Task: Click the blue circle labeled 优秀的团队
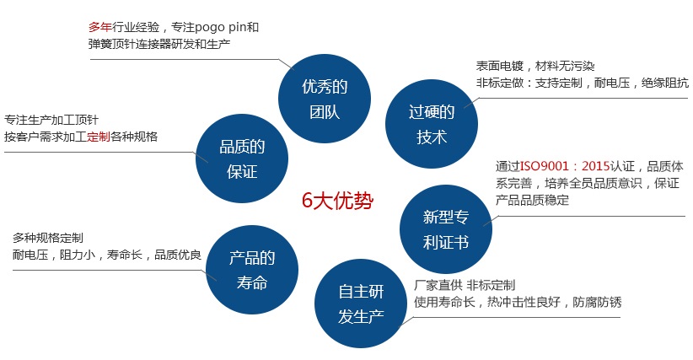point(325,99)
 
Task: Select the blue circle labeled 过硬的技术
point(432,124)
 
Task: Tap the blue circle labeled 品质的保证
point(242,159)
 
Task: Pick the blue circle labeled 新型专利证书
point(445,228)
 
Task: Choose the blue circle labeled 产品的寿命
point(252,270)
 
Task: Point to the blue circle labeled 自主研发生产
point(361,304)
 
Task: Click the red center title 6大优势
point(337,201)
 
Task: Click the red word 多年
point(99,27)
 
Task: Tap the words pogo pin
point(221,28)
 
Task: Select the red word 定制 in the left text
point(98,137)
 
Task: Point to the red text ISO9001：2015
point(565,166)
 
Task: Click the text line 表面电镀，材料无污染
point(535,67)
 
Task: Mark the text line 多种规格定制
point(48,238)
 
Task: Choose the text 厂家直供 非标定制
point(465,285)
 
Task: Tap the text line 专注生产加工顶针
point(51,120)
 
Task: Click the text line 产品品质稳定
point(532,200)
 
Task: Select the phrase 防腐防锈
point(597,302)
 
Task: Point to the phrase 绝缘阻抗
point(665,83)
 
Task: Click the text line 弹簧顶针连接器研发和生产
point(159,44)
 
